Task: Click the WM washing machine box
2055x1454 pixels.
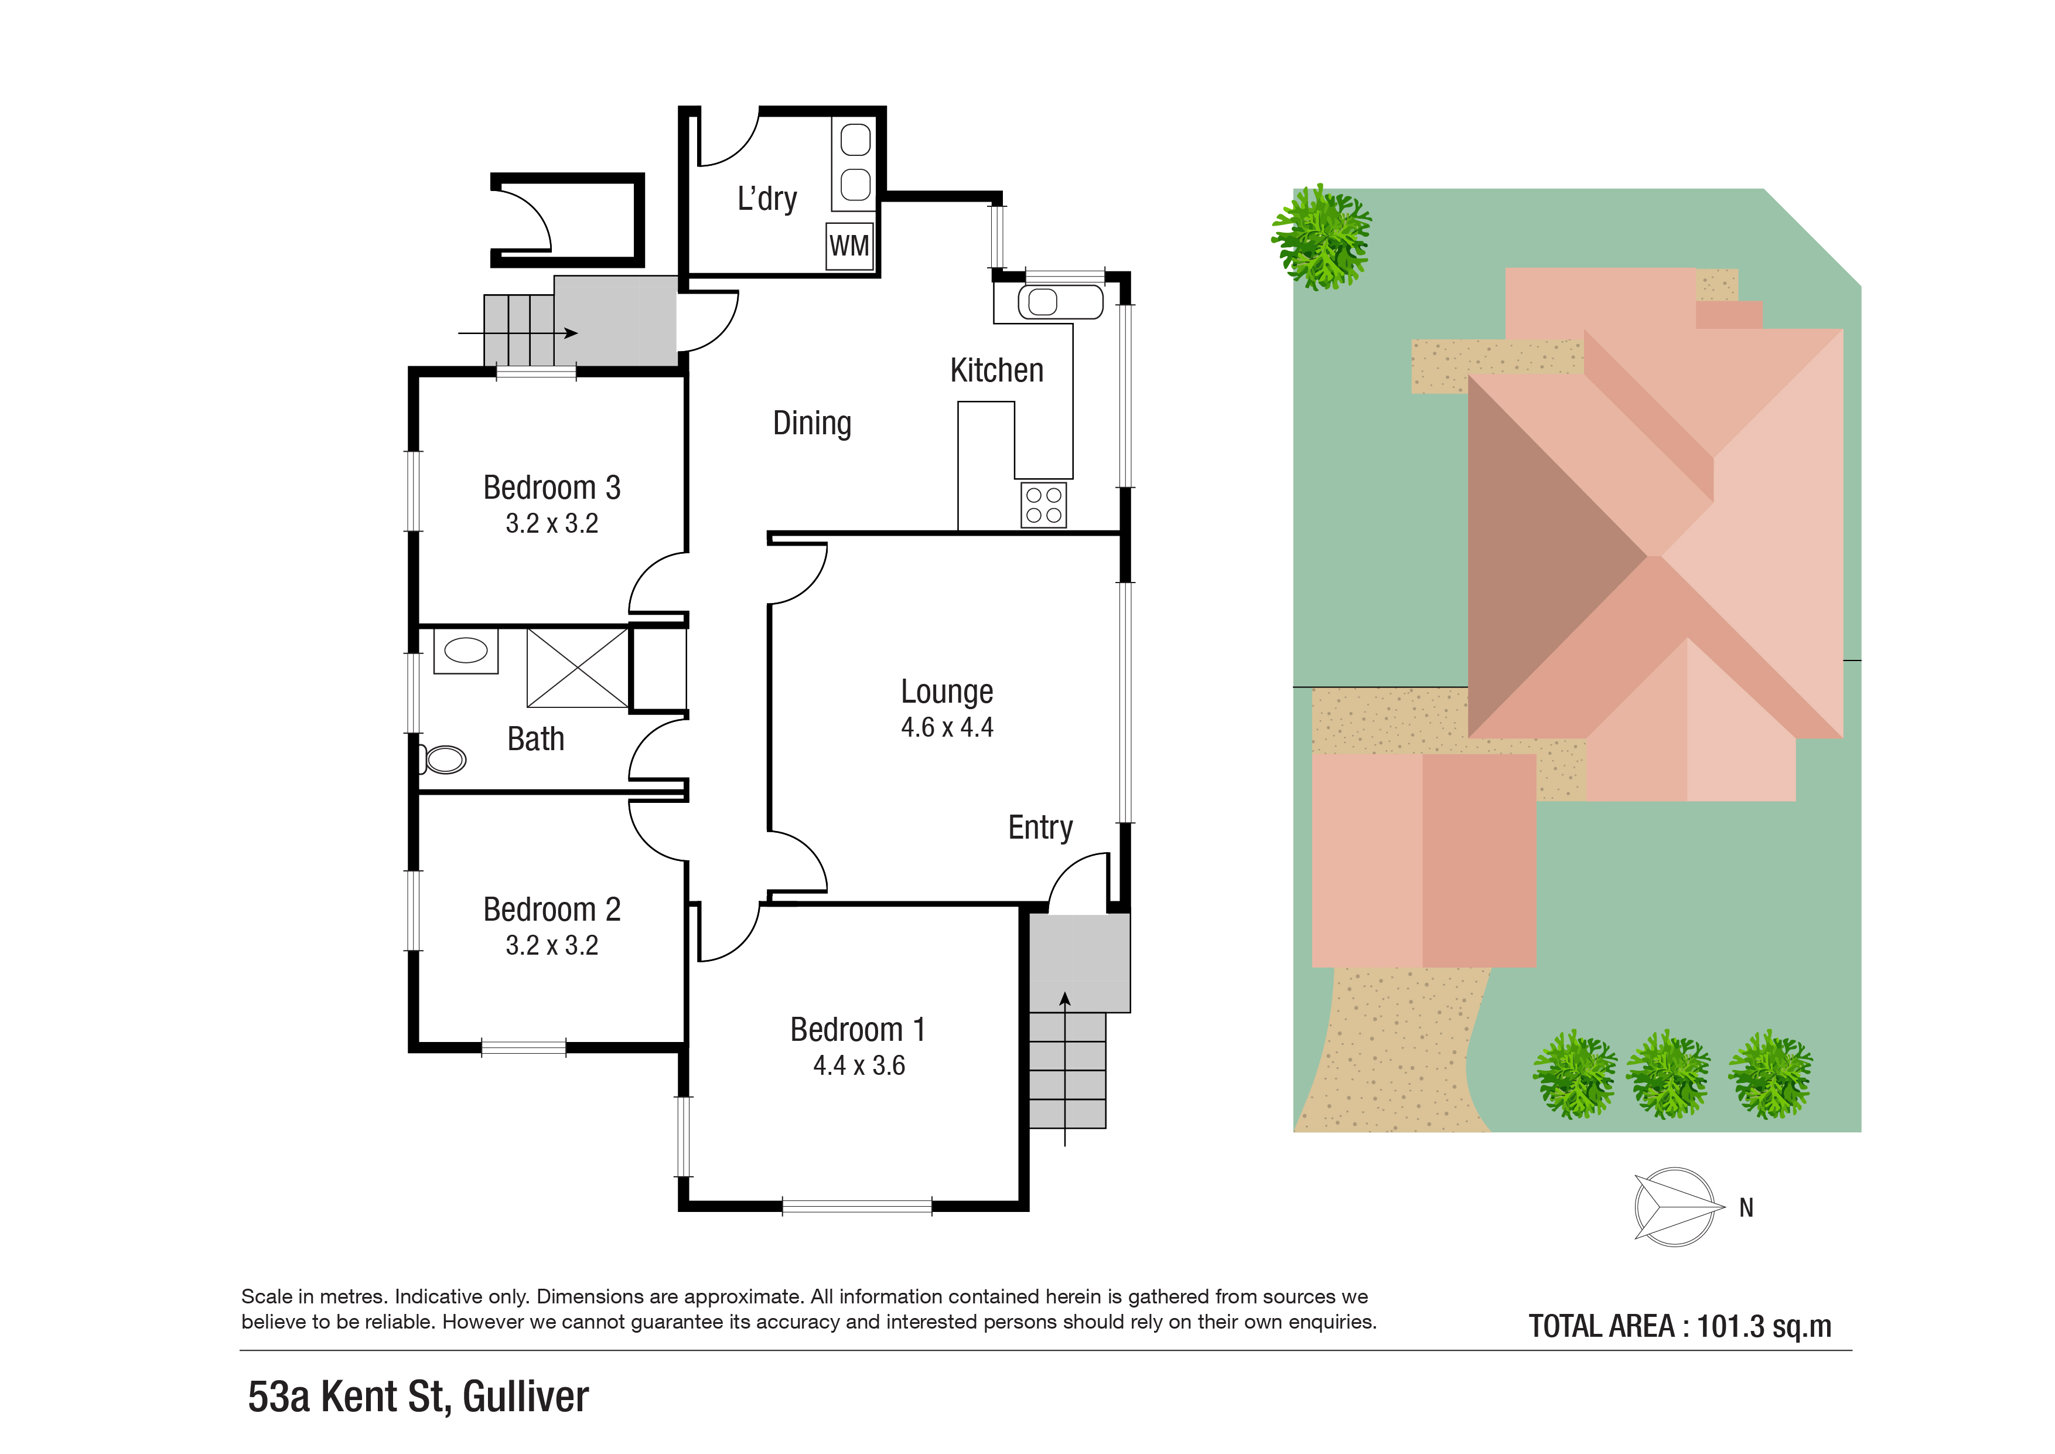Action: point(848,246)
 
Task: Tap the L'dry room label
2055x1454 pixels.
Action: point(767,199)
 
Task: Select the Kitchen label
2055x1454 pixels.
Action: point(996,370)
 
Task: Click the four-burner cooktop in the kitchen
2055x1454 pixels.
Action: point(1044,505)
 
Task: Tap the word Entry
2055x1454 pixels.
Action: point(1040,828)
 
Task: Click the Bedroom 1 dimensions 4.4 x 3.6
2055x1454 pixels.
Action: point(858,1065)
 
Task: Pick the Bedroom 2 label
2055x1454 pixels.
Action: point(551,910)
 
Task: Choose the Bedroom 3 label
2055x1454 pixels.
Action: point(551,488)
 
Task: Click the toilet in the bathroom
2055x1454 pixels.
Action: point(445,760)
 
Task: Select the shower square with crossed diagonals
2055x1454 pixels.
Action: point(577,668)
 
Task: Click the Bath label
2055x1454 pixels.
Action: point(535,740)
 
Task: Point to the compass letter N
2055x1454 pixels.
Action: point(1745,1208)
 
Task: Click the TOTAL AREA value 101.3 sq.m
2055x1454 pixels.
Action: point(1763,1326)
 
